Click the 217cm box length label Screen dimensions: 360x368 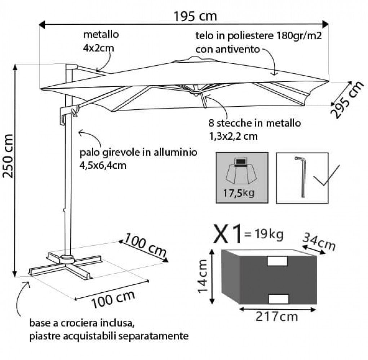pos(277,317)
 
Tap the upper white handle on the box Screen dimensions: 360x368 pos(277,261)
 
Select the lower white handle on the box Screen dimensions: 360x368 pos(279,298)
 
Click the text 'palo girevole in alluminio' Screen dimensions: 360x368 pos(139,152)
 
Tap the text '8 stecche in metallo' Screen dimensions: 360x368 pos(254,123)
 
